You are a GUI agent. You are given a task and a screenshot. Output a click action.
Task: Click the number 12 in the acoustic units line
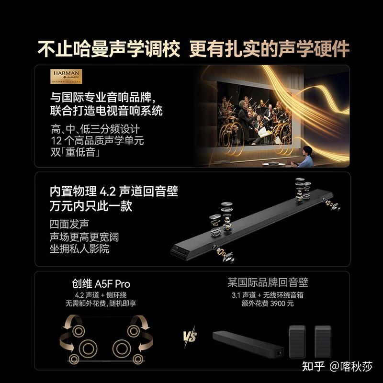click(x=56, y=141)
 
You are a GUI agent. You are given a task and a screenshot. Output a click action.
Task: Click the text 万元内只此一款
click(x=91, y=206)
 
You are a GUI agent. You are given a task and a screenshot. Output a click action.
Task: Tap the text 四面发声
click(x=69, y=224)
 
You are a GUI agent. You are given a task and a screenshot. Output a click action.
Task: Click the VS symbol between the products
click(x=190, y=337)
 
